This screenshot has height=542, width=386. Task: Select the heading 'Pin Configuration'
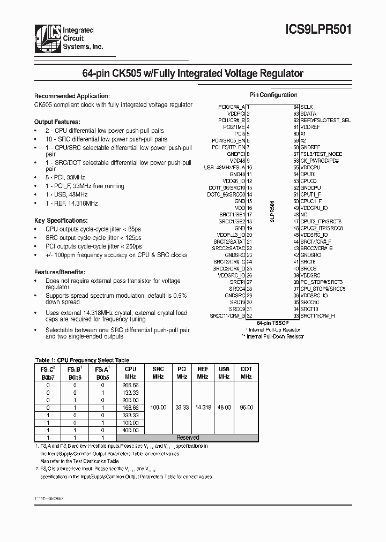point(273,95)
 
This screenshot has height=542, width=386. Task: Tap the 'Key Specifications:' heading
point(61,220)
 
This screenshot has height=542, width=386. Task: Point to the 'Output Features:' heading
point(57,122)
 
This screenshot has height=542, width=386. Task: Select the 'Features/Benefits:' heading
point(59,272)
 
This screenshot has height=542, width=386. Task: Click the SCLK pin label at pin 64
point(307,107)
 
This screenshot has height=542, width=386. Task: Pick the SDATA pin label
point(308,114)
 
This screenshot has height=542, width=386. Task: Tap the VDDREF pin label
point(309,127)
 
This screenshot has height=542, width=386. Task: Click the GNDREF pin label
point(310,147)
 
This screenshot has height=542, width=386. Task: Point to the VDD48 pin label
point(237,161)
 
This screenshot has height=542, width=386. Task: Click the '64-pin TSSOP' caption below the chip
point(273,323)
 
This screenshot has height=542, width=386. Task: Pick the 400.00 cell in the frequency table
point(130,430)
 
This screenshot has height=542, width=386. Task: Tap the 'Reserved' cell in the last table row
point(188,438)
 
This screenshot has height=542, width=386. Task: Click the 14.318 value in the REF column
point(203,407)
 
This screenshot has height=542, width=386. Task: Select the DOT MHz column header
point(246,373)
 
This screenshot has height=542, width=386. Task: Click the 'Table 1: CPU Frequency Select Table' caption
point(81,360)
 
